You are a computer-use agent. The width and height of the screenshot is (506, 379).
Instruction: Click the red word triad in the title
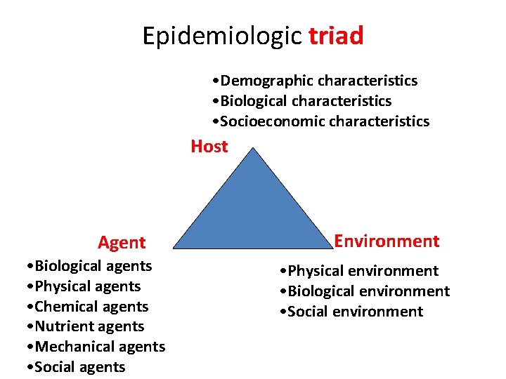click(x=336, y=35)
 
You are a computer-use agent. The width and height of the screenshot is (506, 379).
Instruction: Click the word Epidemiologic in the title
click(x=222, y=36)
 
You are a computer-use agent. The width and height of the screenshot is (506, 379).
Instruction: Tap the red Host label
click(x=209, y=147)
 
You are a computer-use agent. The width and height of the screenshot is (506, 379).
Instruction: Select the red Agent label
click(x=122, y=243)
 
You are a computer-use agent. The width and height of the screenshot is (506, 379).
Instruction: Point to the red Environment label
click(x=387, y=241)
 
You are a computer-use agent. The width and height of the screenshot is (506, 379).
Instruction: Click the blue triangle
click(x=254, y=211)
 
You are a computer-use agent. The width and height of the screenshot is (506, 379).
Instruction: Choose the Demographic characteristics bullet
click(x=314, y=81)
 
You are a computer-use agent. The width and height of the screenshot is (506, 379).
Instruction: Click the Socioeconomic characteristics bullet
click(x=320, y=121)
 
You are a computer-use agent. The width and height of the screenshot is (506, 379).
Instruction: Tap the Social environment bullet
click(x=349, y=312)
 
